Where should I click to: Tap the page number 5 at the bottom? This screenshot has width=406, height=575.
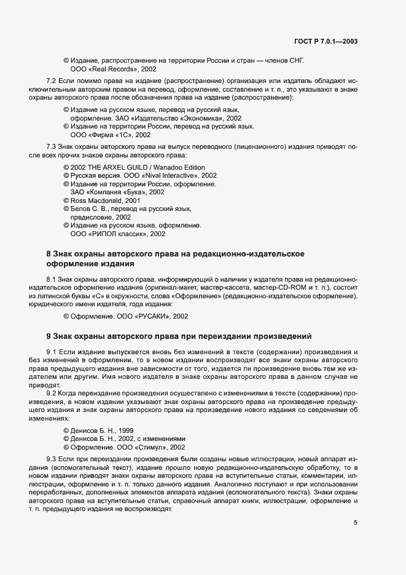[x=356, y=523]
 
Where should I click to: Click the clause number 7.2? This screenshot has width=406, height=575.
[x=52, y=81]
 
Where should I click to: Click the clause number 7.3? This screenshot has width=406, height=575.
[x=52, y=146]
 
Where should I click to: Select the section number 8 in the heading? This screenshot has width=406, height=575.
[x=49, y=254]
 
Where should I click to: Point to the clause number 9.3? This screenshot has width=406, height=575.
[x=52, y=459]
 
